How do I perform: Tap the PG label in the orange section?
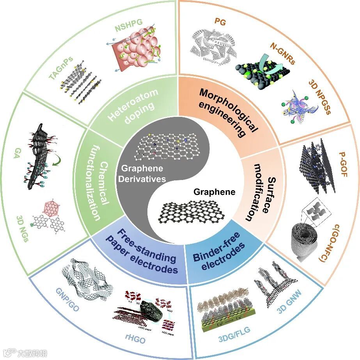[220, 22]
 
